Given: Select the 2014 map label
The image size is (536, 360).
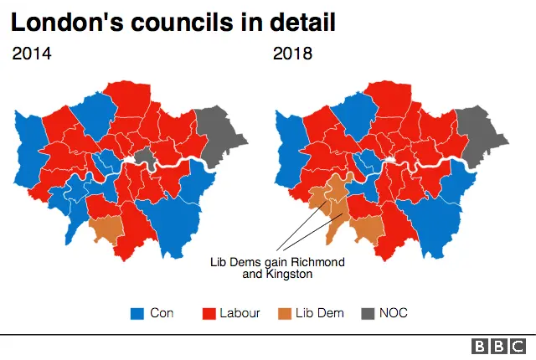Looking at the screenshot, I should pyautogui.click(x=32, y=54).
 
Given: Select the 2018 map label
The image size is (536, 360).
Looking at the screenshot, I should pyautogui.click(x=292, y=54).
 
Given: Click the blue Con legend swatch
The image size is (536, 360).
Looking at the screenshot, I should pyautogui.click(x=137, y=314).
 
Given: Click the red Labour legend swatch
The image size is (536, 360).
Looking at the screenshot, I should pyautogui.click(x=209, y=314).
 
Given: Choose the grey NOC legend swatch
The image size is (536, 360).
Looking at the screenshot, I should pyautogui.click(x=365, y=314).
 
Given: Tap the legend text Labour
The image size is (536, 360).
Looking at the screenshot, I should pyautogui.click(x=240, y=314).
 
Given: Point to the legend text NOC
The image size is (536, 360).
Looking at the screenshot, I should pyautogui.click(x=393, y=314).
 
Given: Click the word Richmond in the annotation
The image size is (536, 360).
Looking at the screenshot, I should pyautogui.click(x=315, y=262).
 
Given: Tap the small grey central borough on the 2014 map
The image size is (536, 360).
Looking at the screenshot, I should pyautogui.click(x=146, y=156).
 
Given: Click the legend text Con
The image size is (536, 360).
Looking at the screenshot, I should pyautogui.click(x=162, y=314).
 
